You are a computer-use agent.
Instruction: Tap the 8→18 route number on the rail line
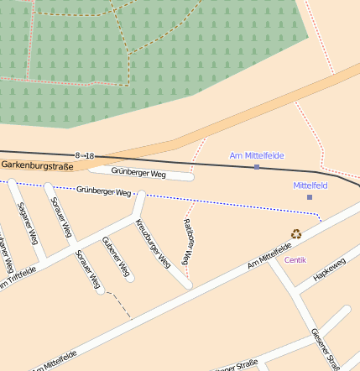pos(85,156)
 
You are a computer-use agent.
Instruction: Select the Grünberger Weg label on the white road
pos(138,174)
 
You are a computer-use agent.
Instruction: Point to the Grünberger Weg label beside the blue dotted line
pos(103,192)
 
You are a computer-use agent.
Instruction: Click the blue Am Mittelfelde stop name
pos(257,156)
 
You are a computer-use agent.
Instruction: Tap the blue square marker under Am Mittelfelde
pos(257,167)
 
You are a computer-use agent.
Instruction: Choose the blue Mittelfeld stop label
pos(310,185)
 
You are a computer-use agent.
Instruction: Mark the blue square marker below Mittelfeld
pos(310,196)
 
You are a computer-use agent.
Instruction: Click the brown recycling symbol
pos(295,235)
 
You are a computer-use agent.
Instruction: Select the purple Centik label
pos(295,260)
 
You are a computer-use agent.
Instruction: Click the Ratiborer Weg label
pos(188,245)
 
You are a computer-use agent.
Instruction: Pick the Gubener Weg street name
pos(115,257)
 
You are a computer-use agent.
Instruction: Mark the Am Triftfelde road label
pos(18,278)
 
